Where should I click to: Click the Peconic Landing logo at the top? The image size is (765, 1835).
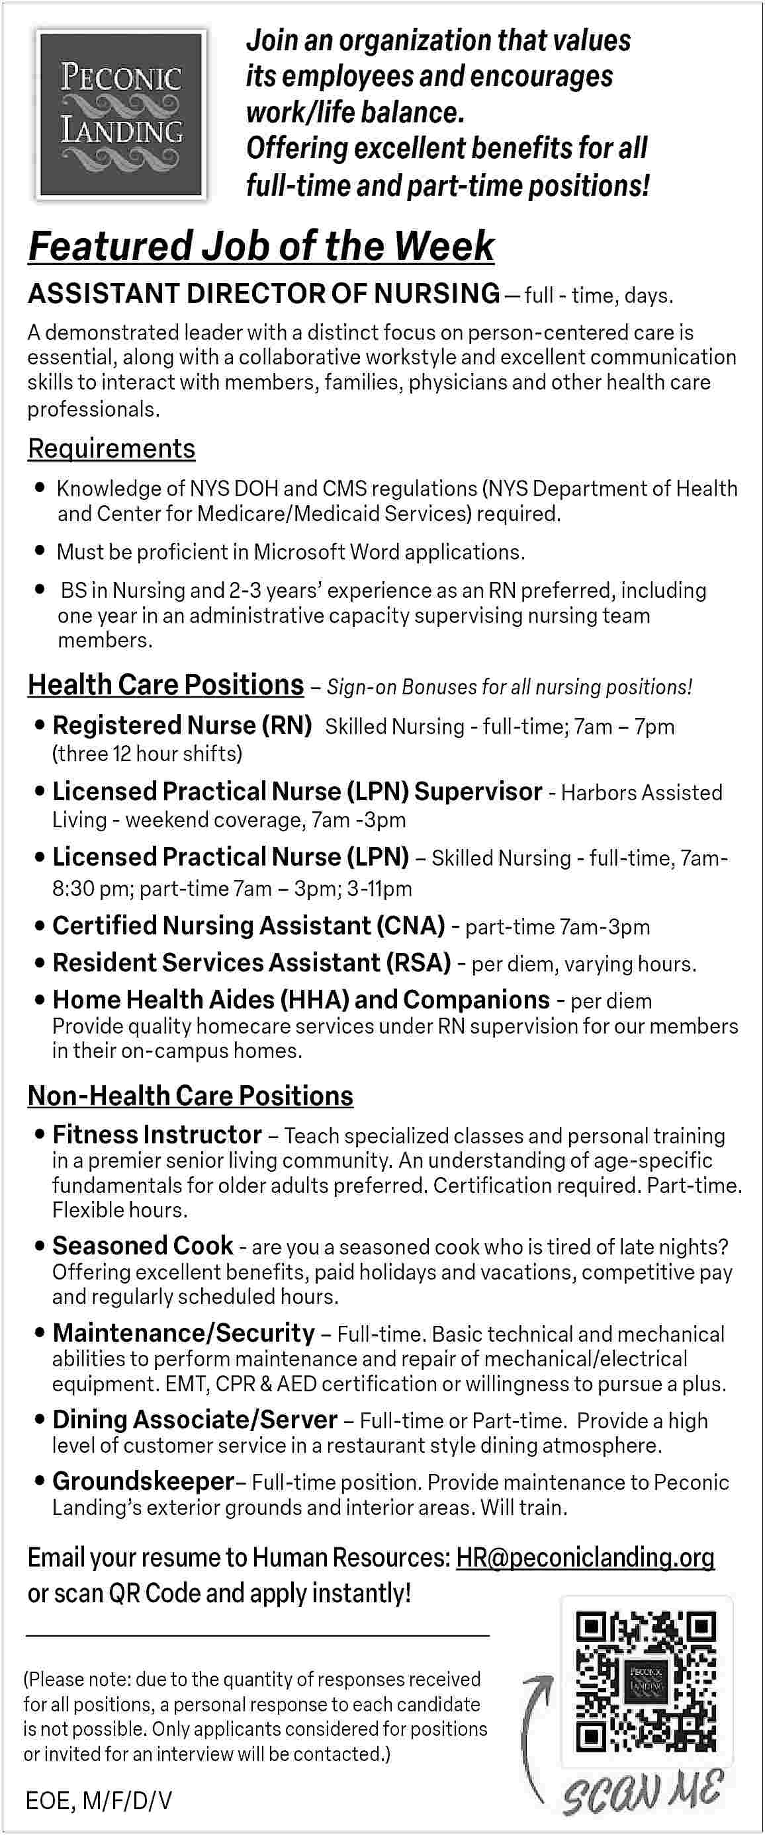121,114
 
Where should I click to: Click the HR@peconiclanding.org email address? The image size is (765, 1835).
584,1558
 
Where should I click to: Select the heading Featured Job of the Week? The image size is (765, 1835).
261,247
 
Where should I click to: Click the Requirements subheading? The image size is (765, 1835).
111,449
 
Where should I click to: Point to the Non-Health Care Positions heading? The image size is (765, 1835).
191,1096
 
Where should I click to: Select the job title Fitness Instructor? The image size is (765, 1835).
157,1134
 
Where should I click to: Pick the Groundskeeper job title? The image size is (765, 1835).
142,1481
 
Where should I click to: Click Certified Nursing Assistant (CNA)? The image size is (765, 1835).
248,925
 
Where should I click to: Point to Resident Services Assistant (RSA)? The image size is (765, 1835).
251,962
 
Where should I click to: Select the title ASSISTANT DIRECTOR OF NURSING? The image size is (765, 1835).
264,294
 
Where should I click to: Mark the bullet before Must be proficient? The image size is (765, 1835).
40,551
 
